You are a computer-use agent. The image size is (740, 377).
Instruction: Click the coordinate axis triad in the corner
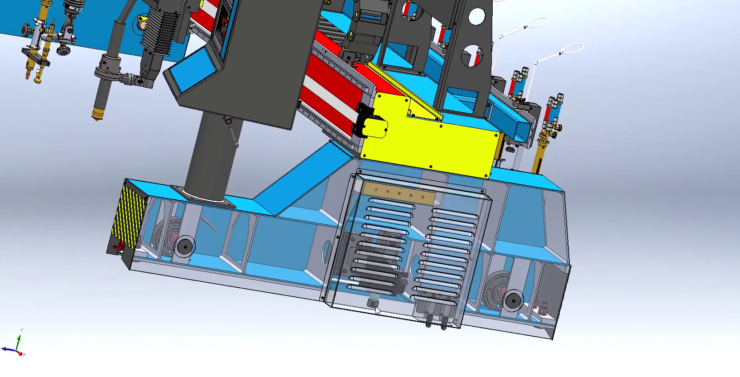click(x=16, y=347)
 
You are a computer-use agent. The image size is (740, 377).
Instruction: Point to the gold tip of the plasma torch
click(x=97, y=113)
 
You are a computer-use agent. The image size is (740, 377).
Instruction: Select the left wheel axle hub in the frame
click(x=184, y=246)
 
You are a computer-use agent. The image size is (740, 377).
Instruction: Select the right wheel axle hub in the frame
click(x=512, y=299)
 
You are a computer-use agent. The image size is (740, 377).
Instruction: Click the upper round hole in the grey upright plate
click(x=476, y=17)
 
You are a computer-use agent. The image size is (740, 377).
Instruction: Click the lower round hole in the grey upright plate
click(x=472, y=55)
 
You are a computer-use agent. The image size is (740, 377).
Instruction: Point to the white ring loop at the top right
click(x=572, y=48)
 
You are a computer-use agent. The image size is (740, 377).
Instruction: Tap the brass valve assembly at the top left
click(x=38, y=45)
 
